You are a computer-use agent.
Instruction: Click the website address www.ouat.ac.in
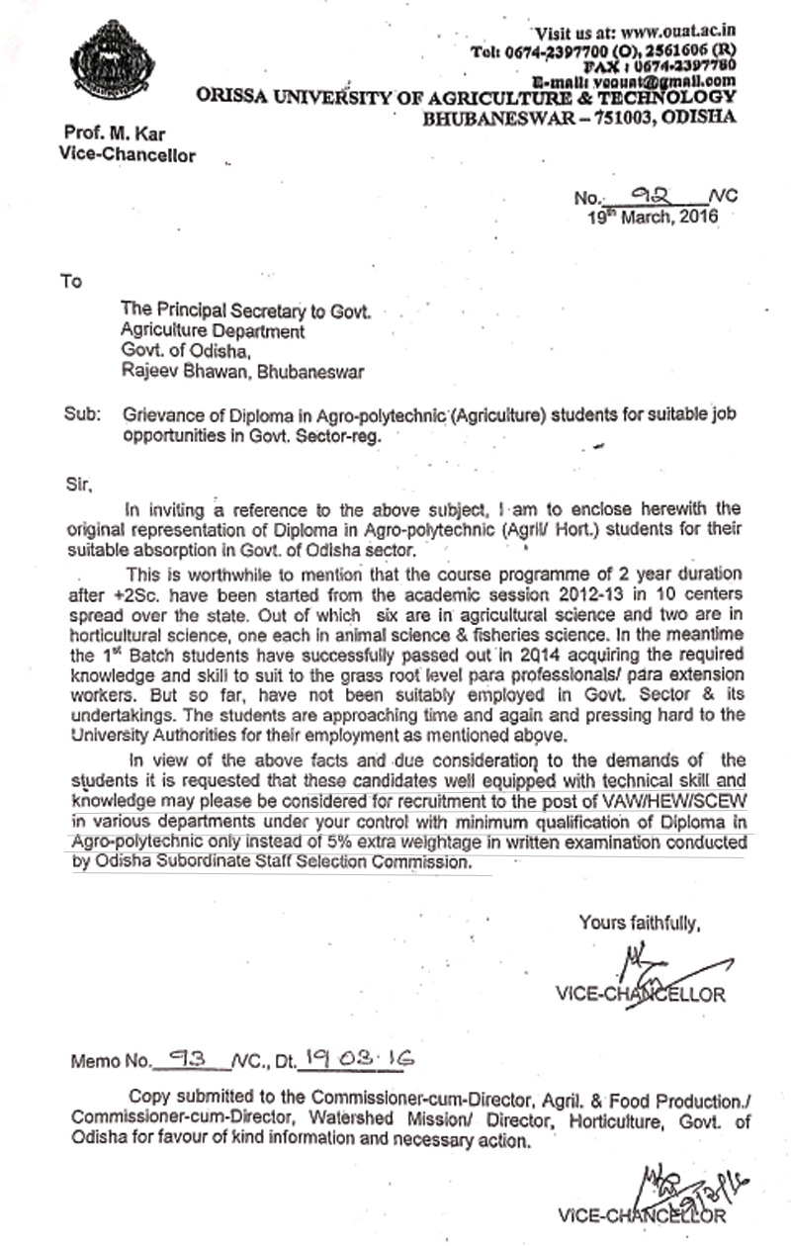(677, 34)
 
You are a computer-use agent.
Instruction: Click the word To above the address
(70, 281)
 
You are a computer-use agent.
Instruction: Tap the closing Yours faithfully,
(640, 924)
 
